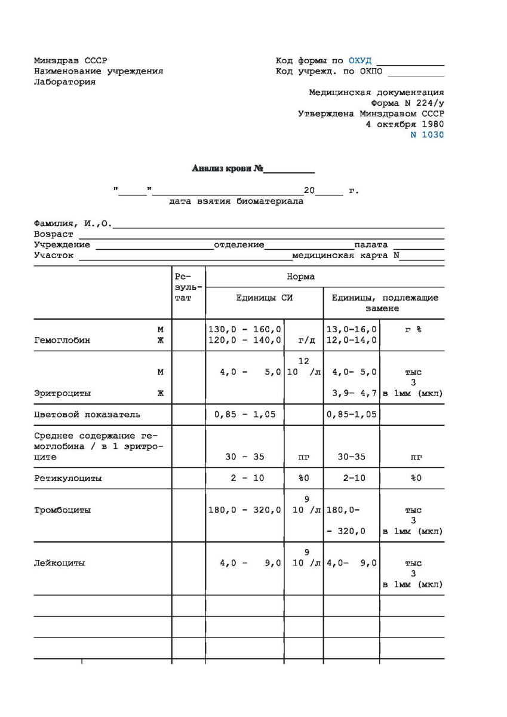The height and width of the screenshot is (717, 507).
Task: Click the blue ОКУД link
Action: [359, 60]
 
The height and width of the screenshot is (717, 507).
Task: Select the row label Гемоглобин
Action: [62, 341]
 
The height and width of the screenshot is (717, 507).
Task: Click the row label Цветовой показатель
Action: [87, 415]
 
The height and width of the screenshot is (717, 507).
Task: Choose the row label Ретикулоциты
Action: [67, 478]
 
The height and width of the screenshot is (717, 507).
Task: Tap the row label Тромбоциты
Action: [62, 510]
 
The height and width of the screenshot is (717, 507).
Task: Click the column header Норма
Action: [300, 277]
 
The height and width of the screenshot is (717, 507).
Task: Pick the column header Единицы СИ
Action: [264, 298]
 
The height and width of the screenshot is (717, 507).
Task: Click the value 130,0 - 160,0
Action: [244, 329]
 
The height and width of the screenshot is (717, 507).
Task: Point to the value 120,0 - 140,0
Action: [244, 341]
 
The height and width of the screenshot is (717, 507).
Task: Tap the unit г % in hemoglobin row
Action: [413, 329]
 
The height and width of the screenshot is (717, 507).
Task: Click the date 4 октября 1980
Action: [404, 124]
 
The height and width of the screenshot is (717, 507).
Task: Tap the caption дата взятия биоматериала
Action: [236, 201]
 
